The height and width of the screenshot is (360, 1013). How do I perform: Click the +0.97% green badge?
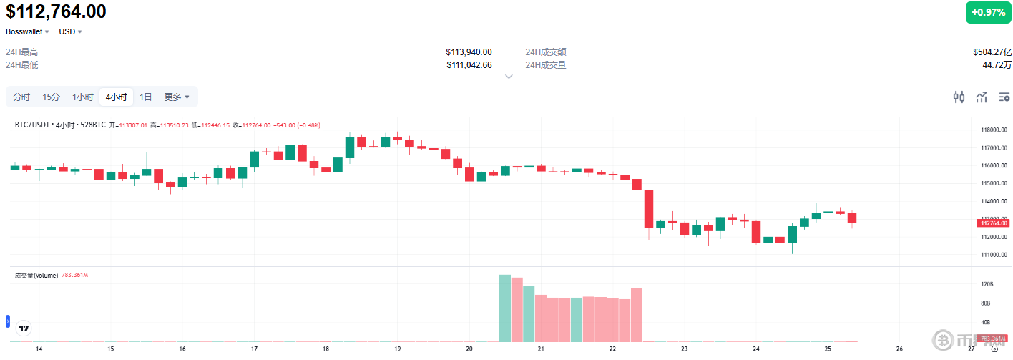click(989, 13)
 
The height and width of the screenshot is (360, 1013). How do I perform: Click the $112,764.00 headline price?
click(56, 11)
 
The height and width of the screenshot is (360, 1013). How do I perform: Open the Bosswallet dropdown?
click(27, 31)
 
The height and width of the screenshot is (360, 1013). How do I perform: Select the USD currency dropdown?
click(70, 31)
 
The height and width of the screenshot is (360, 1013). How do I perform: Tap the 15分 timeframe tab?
click(51, 97)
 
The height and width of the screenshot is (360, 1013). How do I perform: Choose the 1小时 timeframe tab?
click(82, 97)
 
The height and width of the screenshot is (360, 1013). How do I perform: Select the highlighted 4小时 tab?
click(116, 97)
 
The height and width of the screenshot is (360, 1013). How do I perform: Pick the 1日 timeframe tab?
click(145, 97)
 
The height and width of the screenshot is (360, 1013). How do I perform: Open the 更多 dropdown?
click(177, 97)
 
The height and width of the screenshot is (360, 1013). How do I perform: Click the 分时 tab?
click(21, 97)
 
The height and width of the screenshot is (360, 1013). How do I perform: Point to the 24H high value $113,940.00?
click(469, 52)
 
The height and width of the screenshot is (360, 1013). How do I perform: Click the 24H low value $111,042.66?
click(469, 65)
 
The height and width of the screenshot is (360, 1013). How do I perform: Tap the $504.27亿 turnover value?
click(992, 52)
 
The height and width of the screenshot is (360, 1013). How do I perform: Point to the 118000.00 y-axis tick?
click(994, 130)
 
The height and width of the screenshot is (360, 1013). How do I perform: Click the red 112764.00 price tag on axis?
click(994, 223)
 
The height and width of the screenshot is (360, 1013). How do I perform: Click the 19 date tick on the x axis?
click(398, 349)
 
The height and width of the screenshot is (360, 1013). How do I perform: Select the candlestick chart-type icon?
click(959, 97)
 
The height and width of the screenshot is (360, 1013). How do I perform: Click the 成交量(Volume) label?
click(36, 275)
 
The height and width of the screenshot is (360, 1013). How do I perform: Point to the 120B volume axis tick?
click(987, 284)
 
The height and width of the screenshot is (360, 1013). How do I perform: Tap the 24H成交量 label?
click(546, 65)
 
